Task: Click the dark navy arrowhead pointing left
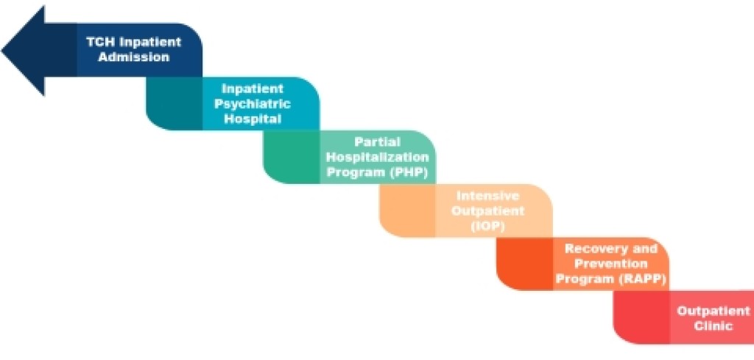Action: click(38, 50)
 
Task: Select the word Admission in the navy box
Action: click(134, 57)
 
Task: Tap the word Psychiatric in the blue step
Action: click(253, 103)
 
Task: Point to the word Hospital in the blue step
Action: click(253, 119)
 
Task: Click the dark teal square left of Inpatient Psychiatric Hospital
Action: click(174, 103)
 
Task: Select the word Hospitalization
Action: click(378, 157)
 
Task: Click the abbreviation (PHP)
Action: click(408, 172)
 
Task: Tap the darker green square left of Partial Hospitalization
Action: click(292, 157)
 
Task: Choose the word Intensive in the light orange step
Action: click(487, 196)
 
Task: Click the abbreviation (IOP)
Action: click(487, 227)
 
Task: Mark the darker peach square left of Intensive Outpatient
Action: click(407, 210)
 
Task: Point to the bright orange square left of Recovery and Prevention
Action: click(524, 264)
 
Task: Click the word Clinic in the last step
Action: click(714, 326)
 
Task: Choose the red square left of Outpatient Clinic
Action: click(641, 317)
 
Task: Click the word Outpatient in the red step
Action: click(714, 311)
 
